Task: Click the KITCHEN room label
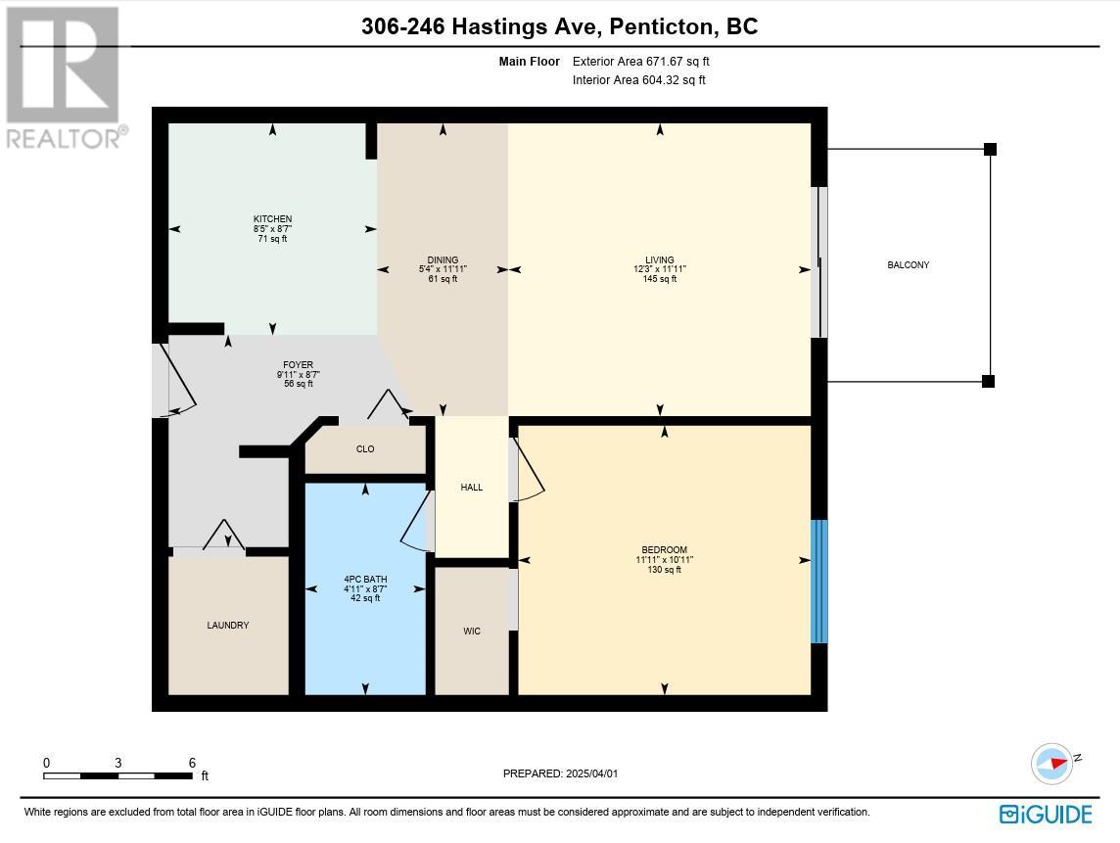coord(272,218)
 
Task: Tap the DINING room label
coord(443,260)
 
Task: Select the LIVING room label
coord(659,260)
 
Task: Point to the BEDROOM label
coord(665,550)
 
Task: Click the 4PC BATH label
coord(365,580)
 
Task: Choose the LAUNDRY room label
coord(228,625)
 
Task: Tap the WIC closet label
coord(472,631)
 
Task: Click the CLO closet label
coord(365,448)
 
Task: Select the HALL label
coord(472,488)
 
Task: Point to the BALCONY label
coord(909,265)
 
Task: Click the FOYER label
coord(298,365)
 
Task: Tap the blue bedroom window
coord(819,582)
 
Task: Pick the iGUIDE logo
coord(1046,815)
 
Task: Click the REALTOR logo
coord(67,77)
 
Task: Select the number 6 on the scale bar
coord(192,763)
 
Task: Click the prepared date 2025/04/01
coord(591,773)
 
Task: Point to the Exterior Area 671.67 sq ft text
coord(640,62)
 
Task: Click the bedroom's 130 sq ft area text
coord(665,570)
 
